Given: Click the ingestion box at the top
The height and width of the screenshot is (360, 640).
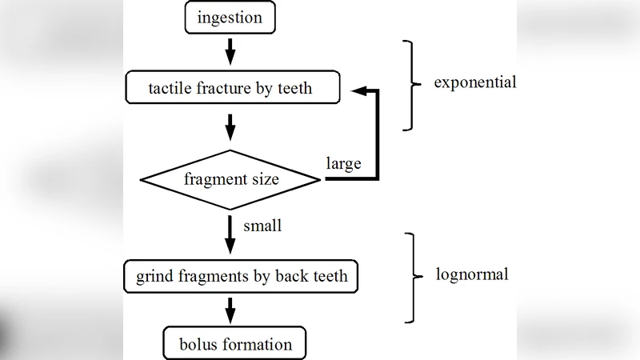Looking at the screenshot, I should [x=230, y=18].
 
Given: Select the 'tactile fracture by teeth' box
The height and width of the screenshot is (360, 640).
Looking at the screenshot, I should [x=231, y=87].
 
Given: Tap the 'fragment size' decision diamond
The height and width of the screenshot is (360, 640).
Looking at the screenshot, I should [x=231, y=179].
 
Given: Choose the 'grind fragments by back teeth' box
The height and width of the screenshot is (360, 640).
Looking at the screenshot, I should [x=241, y=277].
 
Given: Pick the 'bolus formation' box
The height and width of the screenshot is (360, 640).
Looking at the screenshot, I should [x=234, y=345].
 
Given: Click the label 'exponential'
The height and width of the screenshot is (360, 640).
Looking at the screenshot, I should [x=474, y=82].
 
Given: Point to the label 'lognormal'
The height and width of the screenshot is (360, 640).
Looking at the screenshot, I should [x=472, y=274].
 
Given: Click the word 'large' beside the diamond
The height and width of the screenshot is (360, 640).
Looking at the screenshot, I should [x=343, y=164].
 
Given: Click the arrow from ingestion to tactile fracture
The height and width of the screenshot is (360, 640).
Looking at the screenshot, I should [x=230, y=52].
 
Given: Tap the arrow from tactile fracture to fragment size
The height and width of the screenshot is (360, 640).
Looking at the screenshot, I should [x=230, y=126].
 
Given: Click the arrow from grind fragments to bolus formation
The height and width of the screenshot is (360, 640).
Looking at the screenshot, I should [x=230, y=310].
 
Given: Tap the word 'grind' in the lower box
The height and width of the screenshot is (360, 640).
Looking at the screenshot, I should [x=153, y=278].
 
